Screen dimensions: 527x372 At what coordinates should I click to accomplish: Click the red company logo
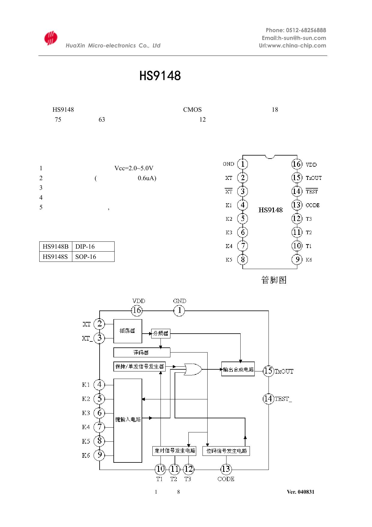[51, 38]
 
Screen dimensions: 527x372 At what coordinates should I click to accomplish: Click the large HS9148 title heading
[160, 76]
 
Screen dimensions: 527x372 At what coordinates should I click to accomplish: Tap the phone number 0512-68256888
[306, 30]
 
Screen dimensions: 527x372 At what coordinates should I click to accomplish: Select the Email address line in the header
[294, 38]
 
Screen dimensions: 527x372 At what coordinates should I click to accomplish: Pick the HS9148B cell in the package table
[55, 247]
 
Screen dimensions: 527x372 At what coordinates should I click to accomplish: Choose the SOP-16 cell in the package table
[86, 257]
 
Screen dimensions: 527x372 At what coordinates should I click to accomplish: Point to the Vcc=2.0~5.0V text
[134, 168]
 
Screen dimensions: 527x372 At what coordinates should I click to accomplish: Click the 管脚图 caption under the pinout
[274, 280]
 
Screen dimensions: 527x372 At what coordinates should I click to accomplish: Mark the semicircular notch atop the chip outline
[270, 156]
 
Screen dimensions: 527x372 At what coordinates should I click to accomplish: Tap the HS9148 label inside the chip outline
[270, 210]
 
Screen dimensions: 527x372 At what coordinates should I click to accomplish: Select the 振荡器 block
[127, 331]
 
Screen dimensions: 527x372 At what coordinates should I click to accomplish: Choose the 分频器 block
[160, 333]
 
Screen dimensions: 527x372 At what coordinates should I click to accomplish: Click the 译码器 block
[142, 352]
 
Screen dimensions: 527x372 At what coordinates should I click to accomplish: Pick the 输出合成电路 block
[238, 369]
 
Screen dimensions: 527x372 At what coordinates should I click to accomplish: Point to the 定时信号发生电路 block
[174, 450]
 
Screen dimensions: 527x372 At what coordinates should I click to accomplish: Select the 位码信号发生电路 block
[226, 451]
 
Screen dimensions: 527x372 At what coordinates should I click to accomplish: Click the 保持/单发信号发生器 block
[139, 366]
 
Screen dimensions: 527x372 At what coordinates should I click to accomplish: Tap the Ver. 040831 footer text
[300, 492]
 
